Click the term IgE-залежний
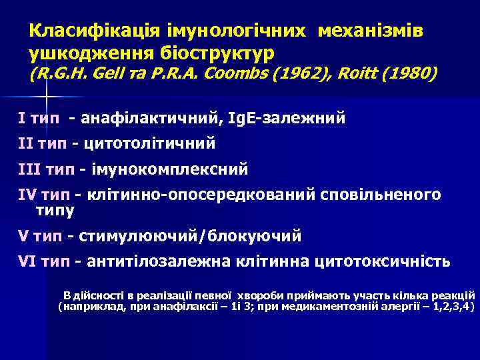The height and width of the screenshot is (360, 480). (x=287, y=119)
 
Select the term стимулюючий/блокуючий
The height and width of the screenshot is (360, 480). (x=190, y=236)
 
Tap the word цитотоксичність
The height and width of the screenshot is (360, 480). (x=382, y=261)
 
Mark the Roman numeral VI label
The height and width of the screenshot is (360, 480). (x=27, y=261)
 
